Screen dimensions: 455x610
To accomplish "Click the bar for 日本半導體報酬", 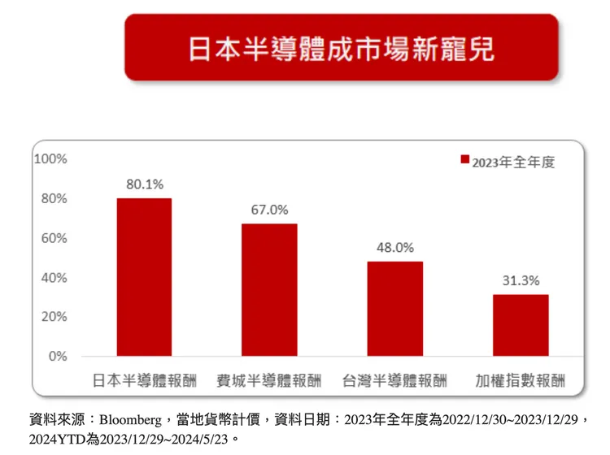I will coord(144,277).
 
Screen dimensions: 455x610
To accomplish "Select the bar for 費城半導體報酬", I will coord(269,290).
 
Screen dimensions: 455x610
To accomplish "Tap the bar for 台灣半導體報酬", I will coord(394,309).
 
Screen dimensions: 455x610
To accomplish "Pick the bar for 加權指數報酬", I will coord(521,325).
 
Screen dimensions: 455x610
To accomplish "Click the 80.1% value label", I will coord(144,184).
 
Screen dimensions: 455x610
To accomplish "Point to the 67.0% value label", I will coord(269,210).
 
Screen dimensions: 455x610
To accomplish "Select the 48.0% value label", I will coord(394,247).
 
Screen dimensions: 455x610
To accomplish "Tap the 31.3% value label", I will coord(521,280).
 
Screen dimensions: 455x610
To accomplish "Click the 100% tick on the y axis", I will coord(50,158).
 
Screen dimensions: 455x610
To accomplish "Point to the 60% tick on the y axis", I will coord(54,238).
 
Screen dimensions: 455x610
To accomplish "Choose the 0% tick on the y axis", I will coord(57,357).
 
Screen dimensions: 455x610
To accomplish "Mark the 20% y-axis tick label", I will coord(54,317).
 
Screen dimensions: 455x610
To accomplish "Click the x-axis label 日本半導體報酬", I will coord(144,380).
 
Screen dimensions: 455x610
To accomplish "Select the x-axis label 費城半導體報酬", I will coord(269,380).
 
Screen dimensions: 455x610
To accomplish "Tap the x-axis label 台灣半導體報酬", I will coord(394,380).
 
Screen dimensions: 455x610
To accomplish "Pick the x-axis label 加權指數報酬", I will coord(521,380).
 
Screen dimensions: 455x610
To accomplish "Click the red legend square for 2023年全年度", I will coord(464,161).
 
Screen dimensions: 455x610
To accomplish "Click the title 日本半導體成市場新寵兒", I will coord(342,47).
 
